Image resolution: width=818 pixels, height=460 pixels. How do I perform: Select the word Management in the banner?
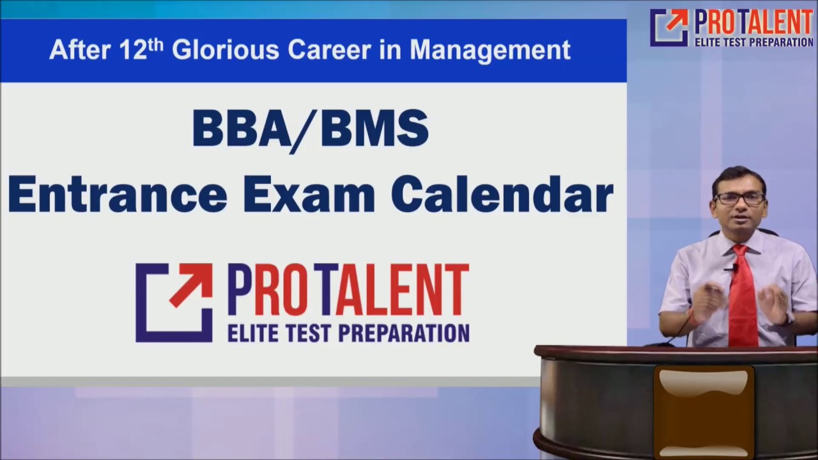(490, 50)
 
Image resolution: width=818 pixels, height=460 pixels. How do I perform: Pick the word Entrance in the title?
(118, 195)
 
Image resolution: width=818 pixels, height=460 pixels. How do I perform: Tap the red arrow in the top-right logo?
(677, 20)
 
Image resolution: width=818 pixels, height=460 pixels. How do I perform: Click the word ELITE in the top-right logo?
(709, 42)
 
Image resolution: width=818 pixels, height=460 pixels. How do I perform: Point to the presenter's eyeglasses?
(739, 198)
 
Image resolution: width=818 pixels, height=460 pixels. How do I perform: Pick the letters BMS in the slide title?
(374, 128)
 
